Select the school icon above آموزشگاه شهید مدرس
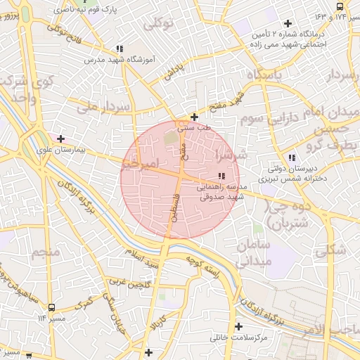pos(120,49)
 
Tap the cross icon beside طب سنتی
pos(194,117)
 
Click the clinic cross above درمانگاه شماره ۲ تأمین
pos(307,23)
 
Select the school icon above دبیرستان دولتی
pos(292,157)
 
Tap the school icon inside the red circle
pos(222,176)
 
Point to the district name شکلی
pos(330,249)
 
